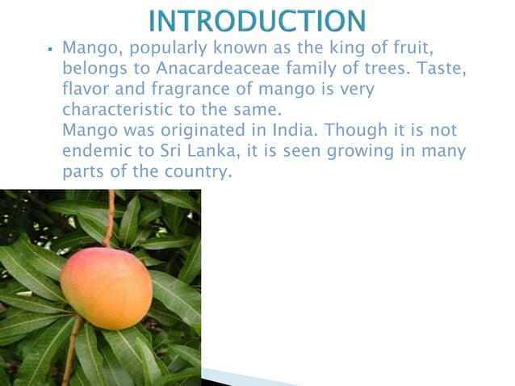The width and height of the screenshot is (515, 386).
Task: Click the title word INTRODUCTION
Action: [x=257, y=19]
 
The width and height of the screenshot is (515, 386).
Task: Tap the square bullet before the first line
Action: [x=51, y=50]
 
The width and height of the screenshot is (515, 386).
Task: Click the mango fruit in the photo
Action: [x=106, y=288]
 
